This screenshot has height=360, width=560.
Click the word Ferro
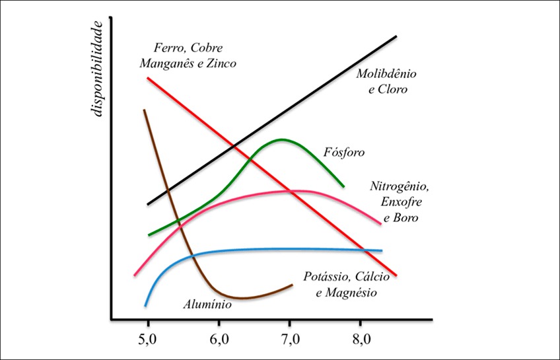click(x=167, y=48)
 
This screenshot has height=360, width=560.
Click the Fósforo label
click(x=344, y=153)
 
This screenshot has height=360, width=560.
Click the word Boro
click(x=406, y=217)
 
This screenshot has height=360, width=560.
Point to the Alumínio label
click(x=207, y=305)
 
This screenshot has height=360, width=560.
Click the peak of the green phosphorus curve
click(x=282, y=139)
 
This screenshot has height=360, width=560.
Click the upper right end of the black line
click(x=396, y=36)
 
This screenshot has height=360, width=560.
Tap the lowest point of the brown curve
click(x=242, y=298)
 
